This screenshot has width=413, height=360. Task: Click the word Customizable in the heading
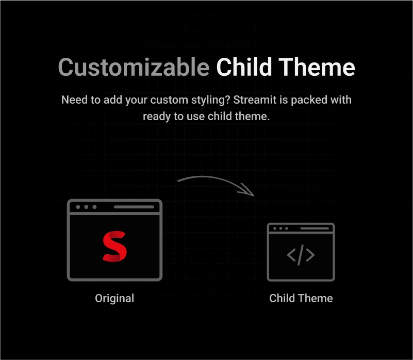coord(134,67)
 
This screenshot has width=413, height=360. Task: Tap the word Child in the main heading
coord(244,67)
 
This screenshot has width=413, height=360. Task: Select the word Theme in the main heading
coord(317,67)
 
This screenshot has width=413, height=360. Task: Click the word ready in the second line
coord(157,117)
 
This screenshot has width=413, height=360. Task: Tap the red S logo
coord(114,247)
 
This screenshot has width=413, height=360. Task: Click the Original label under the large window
coord(114,299)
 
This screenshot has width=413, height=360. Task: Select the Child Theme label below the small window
coord(301,298)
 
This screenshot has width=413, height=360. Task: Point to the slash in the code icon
coord(301,255)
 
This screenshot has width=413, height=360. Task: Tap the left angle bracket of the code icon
coord(291,255)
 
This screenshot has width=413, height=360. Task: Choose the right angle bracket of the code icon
coord(310,255)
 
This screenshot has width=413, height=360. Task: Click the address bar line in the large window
coord(134,207)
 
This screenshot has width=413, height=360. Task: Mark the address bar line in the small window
coord(315,228)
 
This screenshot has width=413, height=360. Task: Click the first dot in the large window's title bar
coord(78,207)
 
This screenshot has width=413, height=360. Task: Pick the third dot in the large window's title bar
coord(94,207)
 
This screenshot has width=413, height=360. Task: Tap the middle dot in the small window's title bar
coord(280,228)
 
